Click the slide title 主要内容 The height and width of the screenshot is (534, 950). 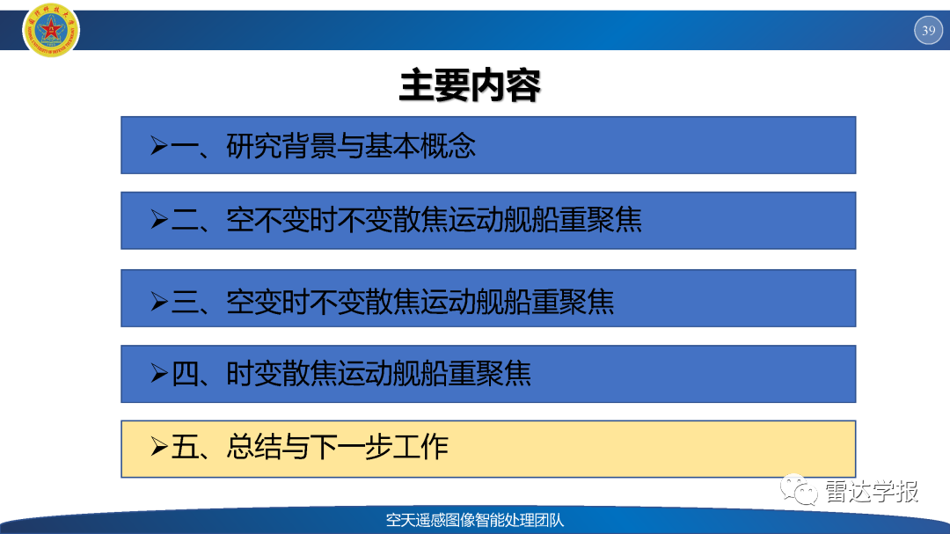470,85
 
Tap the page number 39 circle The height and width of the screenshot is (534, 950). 928,30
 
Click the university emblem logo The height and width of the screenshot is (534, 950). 51,30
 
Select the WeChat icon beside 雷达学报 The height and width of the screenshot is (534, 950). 799,490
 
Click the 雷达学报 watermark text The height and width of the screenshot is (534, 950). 872,491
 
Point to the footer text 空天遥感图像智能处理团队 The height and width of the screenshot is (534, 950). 475,520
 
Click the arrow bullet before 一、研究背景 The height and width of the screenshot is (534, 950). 158,145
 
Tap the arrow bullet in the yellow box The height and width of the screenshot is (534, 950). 158,447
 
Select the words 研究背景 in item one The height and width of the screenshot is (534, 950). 281,146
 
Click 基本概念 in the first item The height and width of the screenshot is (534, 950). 420,146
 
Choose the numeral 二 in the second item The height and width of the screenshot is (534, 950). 184,220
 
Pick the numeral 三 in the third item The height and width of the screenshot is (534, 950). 184,301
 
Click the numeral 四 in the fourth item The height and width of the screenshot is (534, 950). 185,373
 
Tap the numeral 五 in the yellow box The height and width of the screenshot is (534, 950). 184,447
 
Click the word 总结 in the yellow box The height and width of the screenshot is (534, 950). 253,447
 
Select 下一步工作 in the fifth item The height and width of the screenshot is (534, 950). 378,447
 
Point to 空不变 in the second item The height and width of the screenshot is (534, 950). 267,220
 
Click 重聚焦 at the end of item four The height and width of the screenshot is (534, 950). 490,373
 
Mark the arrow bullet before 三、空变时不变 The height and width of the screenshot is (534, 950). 158,301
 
